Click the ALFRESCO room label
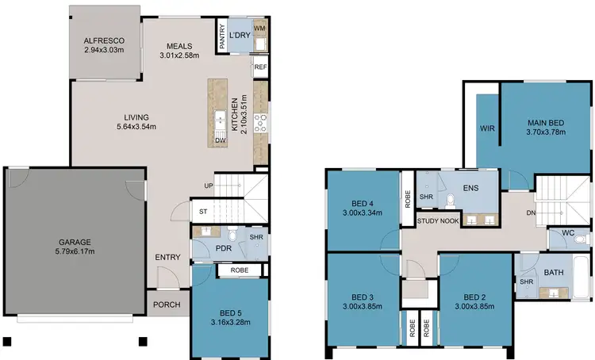point(106,42)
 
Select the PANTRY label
point(223,36)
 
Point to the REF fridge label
point(260,67)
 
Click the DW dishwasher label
point(220,140)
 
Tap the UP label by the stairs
point(209,186)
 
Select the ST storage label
point(202,212)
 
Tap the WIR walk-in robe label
point(487,128)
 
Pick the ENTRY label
point(167,257)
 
